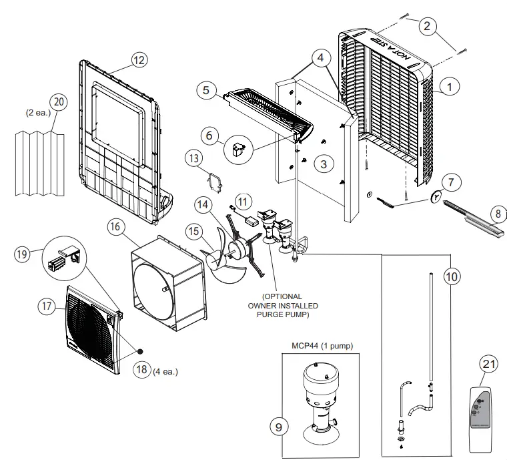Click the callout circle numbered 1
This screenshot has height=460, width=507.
[x=450, y=86]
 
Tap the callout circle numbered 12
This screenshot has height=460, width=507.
[x=138, y=60]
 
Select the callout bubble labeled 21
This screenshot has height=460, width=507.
[x=490, y=363]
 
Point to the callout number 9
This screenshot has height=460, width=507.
[x=280, y=425]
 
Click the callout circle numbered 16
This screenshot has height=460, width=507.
[x=115, y=227]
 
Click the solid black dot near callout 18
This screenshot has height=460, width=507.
[x=141, y=351]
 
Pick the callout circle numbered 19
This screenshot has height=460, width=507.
[x=21, y=254]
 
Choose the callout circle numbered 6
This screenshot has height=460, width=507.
[x=209, y=136]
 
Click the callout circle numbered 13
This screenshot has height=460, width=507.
[x=193, y=158]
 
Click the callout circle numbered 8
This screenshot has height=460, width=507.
[x=497, y=214]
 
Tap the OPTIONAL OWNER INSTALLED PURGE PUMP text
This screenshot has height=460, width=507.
[x=282, y=305]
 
